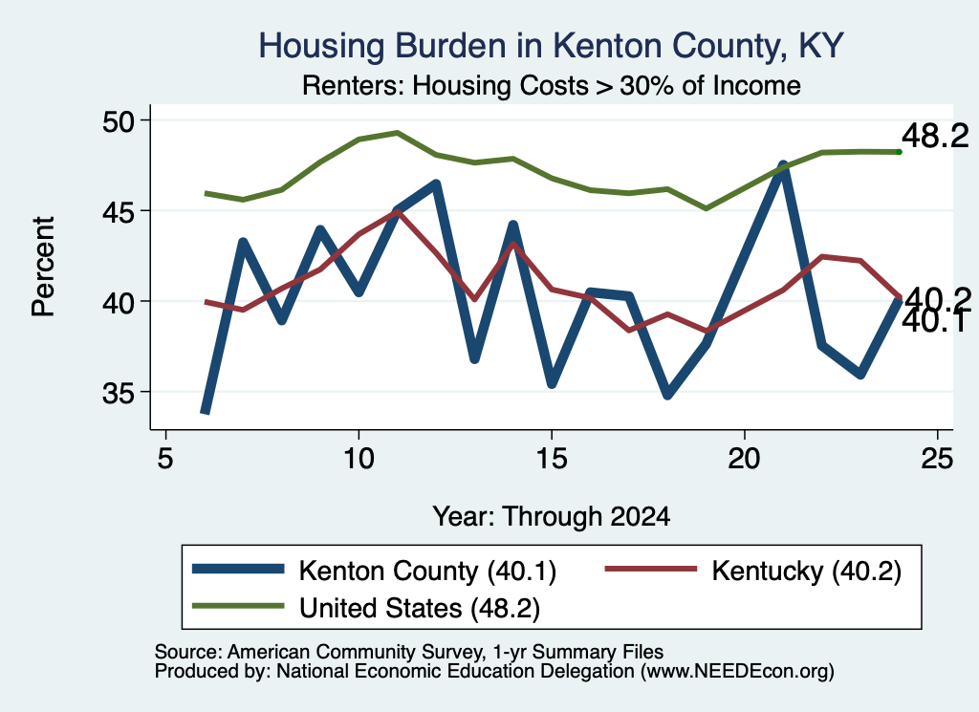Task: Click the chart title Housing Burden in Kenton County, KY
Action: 551,47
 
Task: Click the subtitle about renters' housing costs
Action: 552,85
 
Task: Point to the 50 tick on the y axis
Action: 118,120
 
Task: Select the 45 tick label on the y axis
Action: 118,211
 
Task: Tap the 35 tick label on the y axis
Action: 118,392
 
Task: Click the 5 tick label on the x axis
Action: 164,459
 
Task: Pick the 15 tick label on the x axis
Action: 552,459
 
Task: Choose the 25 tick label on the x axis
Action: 937,459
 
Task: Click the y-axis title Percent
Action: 43,267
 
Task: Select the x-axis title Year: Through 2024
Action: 552,517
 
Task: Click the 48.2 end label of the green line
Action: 935,136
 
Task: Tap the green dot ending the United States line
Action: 899,152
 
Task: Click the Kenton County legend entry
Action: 374,571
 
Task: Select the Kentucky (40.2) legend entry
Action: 753,571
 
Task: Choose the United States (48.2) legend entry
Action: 366,608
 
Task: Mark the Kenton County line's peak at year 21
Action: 783,166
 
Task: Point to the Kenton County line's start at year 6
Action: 206,411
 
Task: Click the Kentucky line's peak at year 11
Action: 397,211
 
